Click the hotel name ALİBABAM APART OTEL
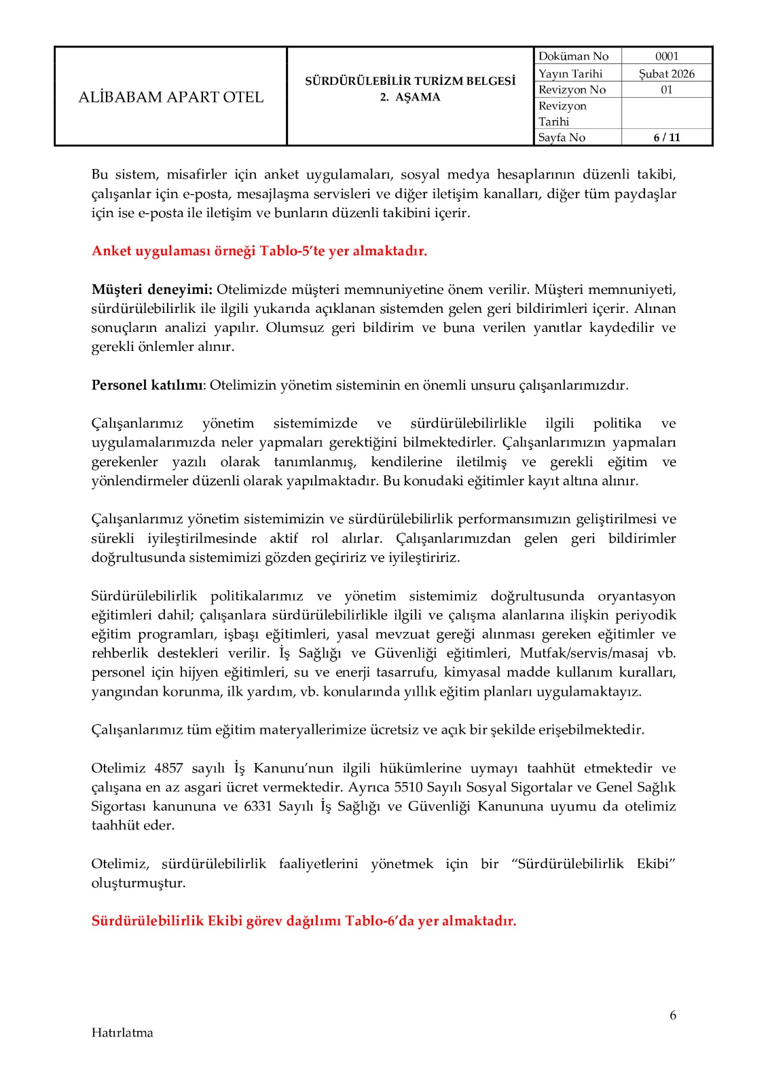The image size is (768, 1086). (170, 97)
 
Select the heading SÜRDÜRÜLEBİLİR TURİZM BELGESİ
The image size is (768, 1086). (409, 81)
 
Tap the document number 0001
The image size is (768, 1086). (666, 56)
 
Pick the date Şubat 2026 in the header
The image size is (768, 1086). (666, 73)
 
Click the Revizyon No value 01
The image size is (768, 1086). (666, 90)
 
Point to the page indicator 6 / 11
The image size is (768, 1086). (666, 137)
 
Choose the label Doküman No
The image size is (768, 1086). (573, 56)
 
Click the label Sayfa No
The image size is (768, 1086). (562, 137)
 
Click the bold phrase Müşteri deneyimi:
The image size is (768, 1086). (152, 290)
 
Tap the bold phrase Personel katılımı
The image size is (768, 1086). (147, 386)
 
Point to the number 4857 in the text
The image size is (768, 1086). (168, 768)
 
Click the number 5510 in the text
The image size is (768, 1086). (408, 787)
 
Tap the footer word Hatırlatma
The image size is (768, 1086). (122, 1033)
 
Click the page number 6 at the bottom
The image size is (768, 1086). (673, 1015)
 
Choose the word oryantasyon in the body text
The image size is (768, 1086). (636, 596)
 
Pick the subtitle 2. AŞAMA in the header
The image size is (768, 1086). (409, 97)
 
